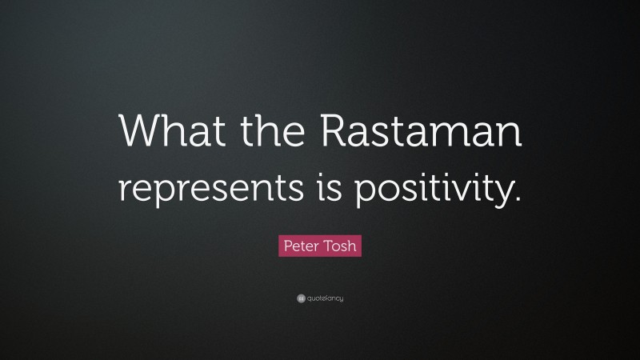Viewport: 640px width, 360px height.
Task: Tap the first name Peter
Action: coord(298,243)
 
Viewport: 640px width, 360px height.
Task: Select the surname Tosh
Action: coord(340,243)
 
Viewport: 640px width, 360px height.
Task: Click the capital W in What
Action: coord(138,130)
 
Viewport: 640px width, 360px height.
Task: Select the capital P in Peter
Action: coord(282,243)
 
